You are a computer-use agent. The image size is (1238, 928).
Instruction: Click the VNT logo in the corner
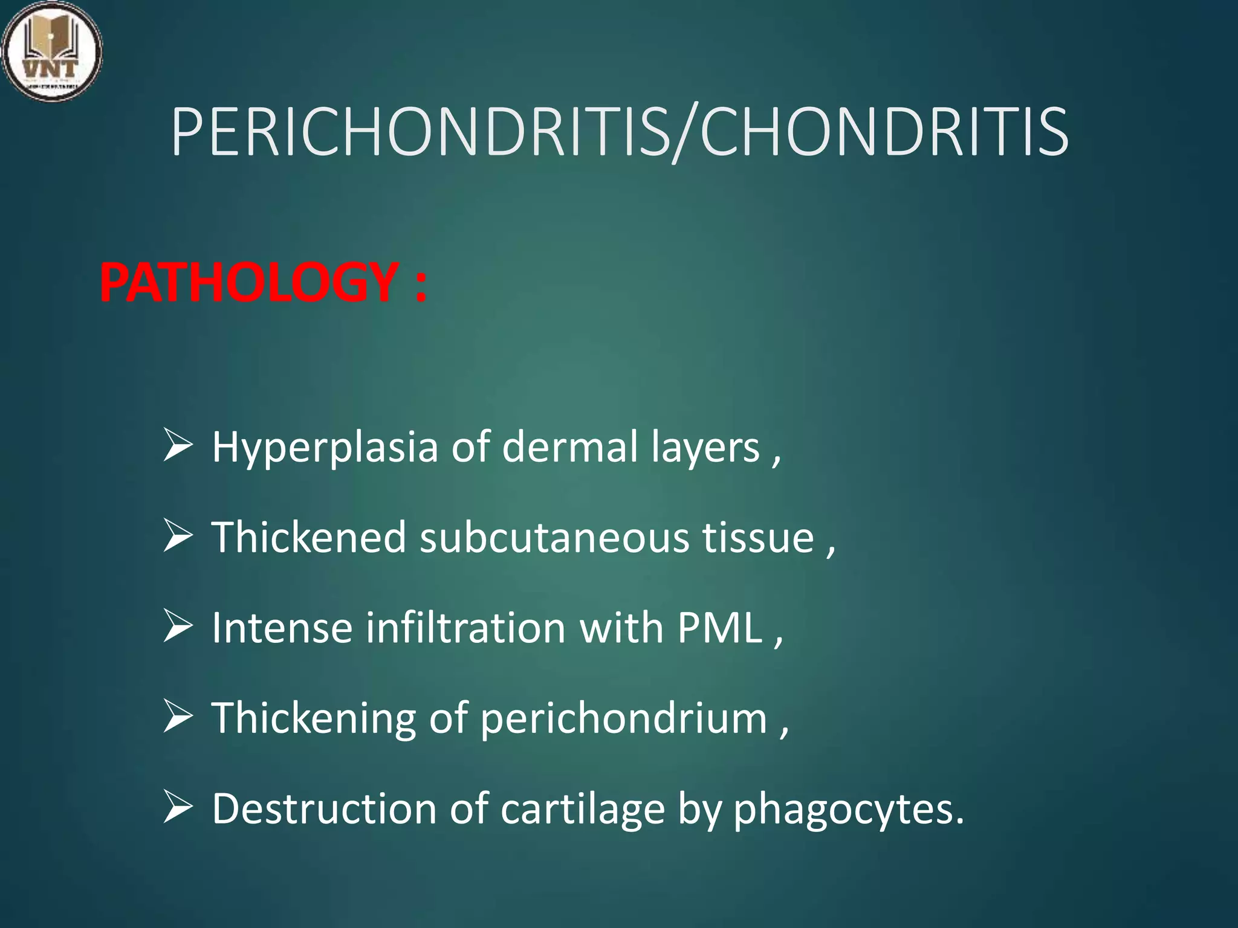[x=51, y=51]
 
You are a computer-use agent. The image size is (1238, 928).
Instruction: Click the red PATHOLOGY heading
[x=248, y=283]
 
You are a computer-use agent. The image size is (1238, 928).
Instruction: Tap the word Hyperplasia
[x=325, y=448]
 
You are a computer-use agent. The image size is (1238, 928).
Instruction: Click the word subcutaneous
[x=554, y=537]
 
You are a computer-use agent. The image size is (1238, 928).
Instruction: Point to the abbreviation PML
[x=720, y=628]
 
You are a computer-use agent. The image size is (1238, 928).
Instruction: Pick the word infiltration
[x=465, y=628]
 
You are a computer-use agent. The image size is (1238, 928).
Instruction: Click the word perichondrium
[x=623, y=719]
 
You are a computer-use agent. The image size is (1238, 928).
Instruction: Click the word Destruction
[x=324, y=808]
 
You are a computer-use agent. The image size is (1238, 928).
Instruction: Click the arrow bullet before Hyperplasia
[x=178, y=448]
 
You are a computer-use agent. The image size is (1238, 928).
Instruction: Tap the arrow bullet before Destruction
[x=178, y=810]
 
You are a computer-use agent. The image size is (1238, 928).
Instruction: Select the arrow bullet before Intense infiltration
[x=178, y=628]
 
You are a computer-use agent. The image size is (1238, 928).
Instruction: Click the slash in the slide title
[x=684, y=134]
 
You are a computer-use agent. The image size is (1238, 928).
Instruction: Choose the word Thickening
[x=313, y=719]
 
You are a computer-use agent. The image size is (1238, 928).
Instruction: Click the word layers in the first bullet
[x=705, y=448]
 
